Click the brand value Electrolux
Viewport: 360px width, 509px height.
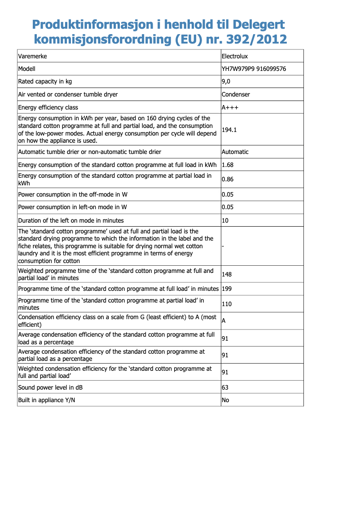pos(235,56)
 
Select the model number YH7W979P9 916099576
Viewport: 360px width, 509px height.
pos(254,69)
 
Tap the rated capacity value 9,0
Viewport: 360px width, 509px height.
pos(226,81)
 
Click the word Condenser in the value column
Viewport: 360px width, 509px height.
pos(236,94)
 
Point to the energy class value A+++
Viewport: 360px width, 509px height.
pos(230,107)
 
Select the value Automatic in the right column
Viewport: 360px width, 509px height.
pos(235,152)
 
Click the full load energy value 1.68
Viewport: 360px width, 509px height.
pos(228,165)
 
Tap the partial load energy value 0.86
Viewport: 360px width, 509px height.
pos(228,179)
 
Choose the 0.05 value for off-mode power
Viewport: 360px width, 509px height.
pos(228,194)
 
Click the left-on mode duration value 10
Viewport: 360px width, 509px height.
pos(225,220)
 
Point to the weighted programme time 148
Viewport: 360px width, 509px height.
pos(227,274)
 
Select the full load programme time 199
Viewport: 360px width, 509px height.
pos(227,289)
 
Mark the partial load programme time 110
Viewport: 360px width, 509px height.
pos(227,304)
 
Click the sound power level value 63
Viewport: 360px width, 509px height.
pos(225,387)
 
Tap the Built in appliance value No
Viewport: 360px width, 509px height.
pos(225,399)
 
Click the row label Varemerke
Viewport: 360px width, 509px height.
pos(32,56)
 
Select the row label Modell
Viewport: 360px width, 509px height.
pos(26,69)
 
